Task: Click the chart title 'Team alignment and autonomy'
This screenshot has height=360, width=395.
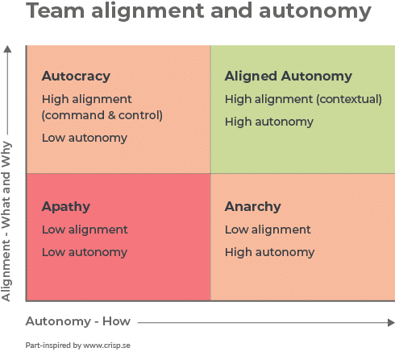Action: [198, 11]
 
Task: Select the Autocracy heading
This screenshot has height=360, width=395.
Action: [76, 77]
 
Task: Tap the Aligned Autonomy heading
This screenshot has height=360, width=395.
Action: [289, 77]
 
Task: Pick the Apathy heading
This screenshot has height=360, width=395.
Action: [66, 207]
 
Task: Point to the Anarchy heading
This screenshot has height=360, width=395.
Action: [253, 207]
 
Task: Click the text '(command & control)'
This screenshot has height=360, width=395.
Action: [102, 115]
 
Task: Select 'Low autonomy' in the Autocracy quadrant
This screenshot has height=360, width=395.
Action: [85, 139]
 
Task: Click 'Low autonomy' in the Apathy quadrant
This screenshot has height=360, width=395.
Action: [85, 253]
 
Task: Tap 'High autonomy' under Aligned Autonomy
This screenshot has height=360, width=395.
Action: [269, 122]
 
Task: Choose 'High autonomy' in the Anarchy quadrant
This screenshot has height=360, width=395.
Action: [269, 253]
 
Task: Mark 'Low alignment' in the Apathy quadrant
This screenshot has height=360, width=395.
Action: [85, 230]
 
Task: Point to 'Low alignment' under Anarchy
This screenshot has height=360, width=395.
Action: [268, 230]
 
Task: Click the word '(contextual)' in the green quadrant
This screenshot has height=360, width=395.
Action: [349, 99]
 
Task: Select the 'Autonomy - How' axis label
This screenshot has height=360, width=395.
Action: [78, 321]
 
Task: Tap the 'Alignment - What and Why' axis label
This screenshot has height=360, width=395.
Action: [6, 221]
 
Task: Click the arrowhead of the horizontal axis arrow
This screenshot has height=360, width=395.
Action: [391, 322]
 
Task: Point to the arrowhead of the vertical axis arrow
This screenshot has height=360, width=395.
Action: [7, 49]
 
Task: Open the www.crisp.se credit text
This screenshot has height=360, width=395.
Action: [106, 346]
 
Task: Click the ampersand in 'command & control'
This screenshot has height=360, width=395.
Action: [112, 115]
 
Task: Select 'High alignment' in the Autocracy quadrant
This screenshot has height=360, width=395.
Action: [86, 100]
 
